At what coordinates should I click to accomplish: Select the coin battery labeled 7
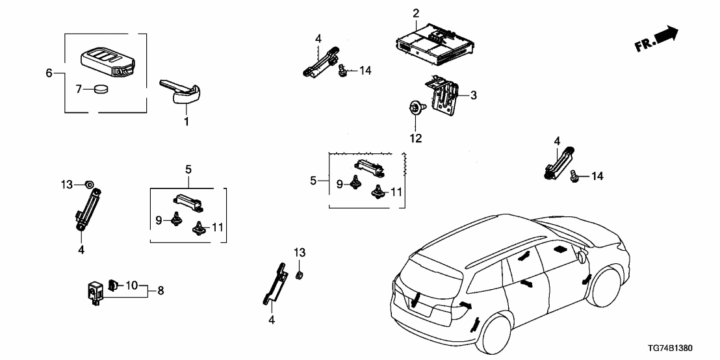(x=100, y=90)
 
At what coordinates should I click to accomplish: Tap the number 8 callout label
(x=161, y=290)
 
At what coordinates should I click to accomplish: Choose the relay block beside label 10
(x=96, y=292)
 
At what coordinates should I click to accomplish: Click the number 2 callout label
(x=416, y=13)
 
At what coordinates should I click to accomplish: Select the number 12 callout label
(x=415, y=138)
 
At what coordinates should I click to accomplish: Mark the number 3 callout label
(x=474, y=96)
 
